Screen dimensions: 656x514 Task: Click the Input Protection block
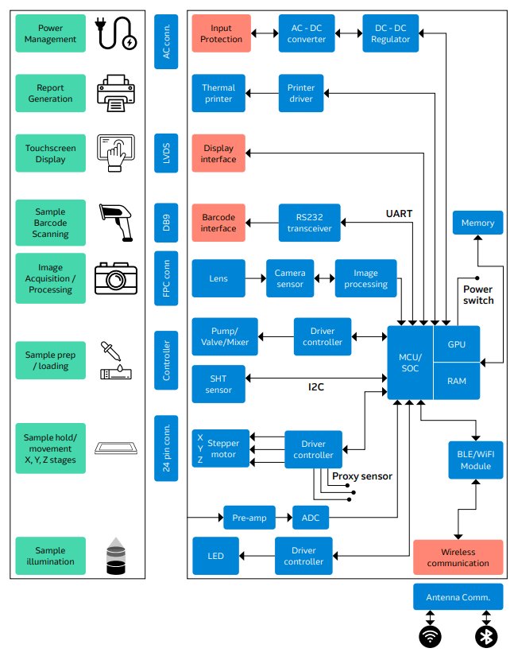(221, 33)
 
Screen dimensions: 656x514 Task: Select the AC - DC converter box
(307, 33)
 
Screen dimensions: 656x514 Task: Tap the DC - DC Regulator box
(391, 33)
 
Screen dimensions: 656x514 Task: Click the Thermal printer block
(218, 93)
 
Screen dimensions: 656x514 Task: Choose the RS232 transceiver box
(309, 223)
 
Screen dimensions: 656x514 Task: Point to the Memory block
(477, 223)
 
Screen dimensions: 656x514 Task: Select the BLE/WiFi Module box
(475, 460)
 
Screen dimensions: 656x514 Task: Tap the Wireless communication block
(458, 557)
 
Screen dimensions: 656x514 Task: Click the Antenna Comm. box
(458, 597)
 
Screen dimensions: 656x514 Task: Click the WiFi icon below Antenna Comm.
(431, 637)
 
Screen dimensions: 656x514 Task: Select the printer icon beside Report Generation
(117, 94)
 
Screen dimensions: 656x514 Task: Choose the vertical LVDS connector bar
(166, 153)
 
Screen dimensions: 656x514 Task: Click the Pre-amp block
(249, 518)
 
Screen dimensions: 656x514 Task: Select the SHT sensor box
(218, 384)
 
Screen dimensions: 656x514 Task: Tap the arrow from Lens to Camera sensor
(255, 278)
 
